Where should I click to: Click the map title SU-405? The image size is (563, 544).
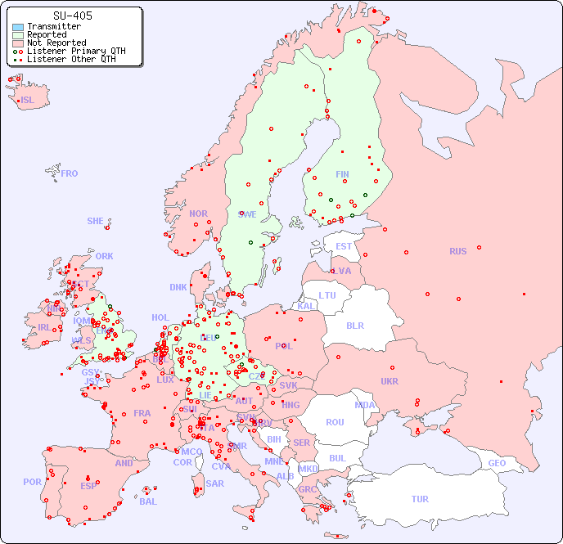click(72, 16)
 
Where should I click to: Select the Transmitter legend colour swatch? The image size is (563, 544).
click(18, 27)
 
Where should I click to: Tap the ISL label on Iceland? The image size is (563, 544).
click(28, 101)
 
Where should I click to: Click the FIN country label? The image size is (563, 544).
click(342, 174)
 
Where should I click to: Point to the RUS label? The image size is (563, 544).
click(457, 251)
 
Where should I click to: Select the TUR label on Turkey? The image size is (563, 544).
click(420, 499)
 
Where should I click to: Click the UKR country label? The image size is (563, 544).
click(389, 381)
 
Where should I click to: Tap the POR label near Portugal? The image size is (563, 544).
click(32, 482)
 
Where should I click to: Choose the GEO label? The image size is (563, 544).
click(497, 463)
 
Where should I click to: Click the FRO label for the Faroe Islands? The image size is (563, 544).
click(70, 173)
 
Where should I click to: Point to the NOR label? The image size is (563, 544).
click(198, 214)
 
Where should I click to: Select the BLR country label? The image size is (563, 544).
click(354, 325)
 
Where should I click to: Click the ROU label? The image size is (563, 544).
click(335, 422)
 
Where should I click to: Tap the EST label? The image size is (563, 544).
click(344, 246)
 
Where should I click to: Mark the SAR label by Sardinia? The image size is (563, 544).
click(214, 483)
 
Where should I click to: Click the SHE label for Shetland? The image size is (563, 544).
click(95, 221)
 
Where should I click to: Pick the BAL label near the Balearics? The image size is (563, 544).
click(147, 501)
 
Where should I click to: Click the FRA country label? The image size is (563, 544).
click(142, 413)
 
